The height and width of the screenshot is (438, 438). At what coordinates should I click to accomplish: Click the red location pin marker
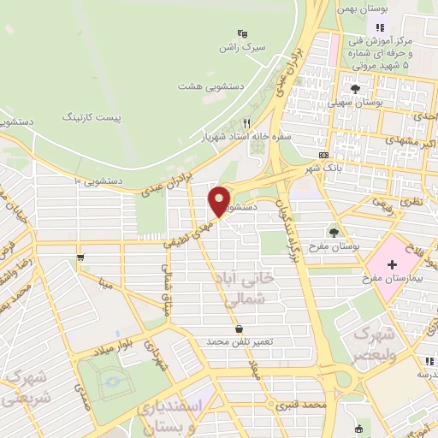[220, 201]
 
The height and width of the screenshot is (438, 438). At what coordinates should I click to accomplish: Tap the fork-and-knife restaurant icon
[248, 123]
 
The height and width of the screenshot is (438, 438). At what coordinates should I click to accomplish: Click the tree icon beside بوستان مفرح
[334, 232]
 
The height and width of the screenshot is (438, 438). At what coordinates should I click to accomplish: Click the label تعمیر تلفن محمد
[239, 341]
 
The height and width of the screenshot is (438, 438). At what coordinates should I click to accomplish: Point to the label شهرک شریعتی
[20, 388]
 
